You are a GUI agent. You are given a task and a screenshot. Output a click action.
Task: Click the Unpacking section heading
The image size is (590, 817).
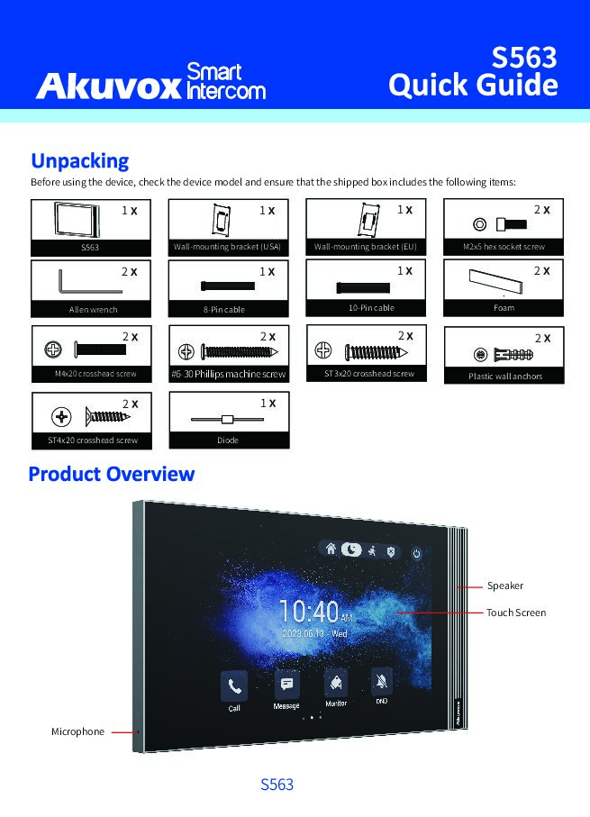80,161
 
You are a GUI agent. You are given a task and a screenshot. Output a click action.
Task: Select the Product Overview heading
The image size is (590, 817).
112,474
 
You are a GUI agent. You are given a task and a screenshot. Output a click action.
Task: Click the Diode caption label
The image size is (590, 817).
228,440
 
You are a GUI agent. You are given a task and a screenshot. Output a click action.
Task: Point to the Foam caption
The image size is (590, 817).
504,308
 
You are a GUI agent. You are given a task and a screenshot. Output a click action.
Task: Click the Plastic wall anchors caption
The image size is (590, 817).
504,376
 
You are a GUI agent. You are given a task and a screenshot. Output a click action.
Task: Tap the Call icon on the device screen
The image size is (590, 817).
234,687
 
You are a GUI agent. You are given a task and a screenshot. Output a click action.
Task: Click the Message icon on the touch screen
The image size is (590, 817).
286,685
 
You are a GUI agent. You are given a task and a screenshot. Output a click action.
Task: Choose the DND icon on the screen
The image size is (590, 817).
382,682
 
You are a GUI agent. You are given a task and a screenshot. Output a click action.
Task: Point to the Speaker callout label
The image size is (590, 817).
505,586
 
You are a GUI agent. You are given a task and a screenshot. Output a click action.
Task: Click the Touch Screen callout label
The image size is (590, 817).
516,613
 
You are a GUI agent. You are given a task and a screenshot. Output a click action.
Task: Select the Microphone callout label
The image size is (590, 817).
77,731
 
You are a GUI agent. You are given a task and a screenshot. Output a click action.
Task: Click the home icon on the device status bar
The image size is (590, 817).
331,549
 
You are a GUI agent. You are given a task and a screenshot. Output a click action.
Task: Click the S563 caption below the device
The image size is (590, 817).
277,785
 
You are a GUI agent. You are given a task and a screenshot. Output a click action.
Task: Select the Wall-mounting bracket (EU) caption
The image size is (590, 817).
365,246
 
